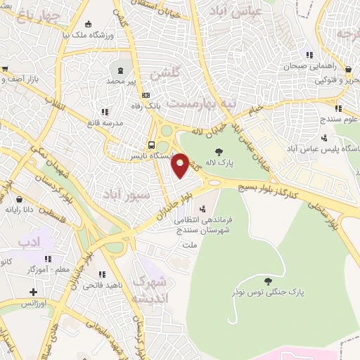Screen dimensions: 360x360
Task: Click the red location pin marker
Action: click(x=181, y=165)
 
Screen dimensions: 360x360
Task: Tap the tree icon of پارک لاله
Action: click(x=219, y=151)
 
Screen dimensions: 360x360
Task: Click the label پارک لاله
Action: click(x=219, y=163)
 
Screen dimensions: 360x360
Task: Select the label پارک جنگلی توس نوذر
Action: click(x=259, y=290)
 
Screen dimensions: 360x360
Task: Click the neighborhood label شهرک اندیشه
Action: click(x=152, y=290)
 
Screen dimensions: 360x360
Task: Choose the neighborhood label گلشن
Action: click(x=167, y=72)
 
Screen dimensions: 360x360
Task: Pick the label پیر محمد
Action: click(x=122, y=82)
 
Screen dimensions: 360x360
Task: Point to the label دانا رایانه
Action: click(x=20, y=209)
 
